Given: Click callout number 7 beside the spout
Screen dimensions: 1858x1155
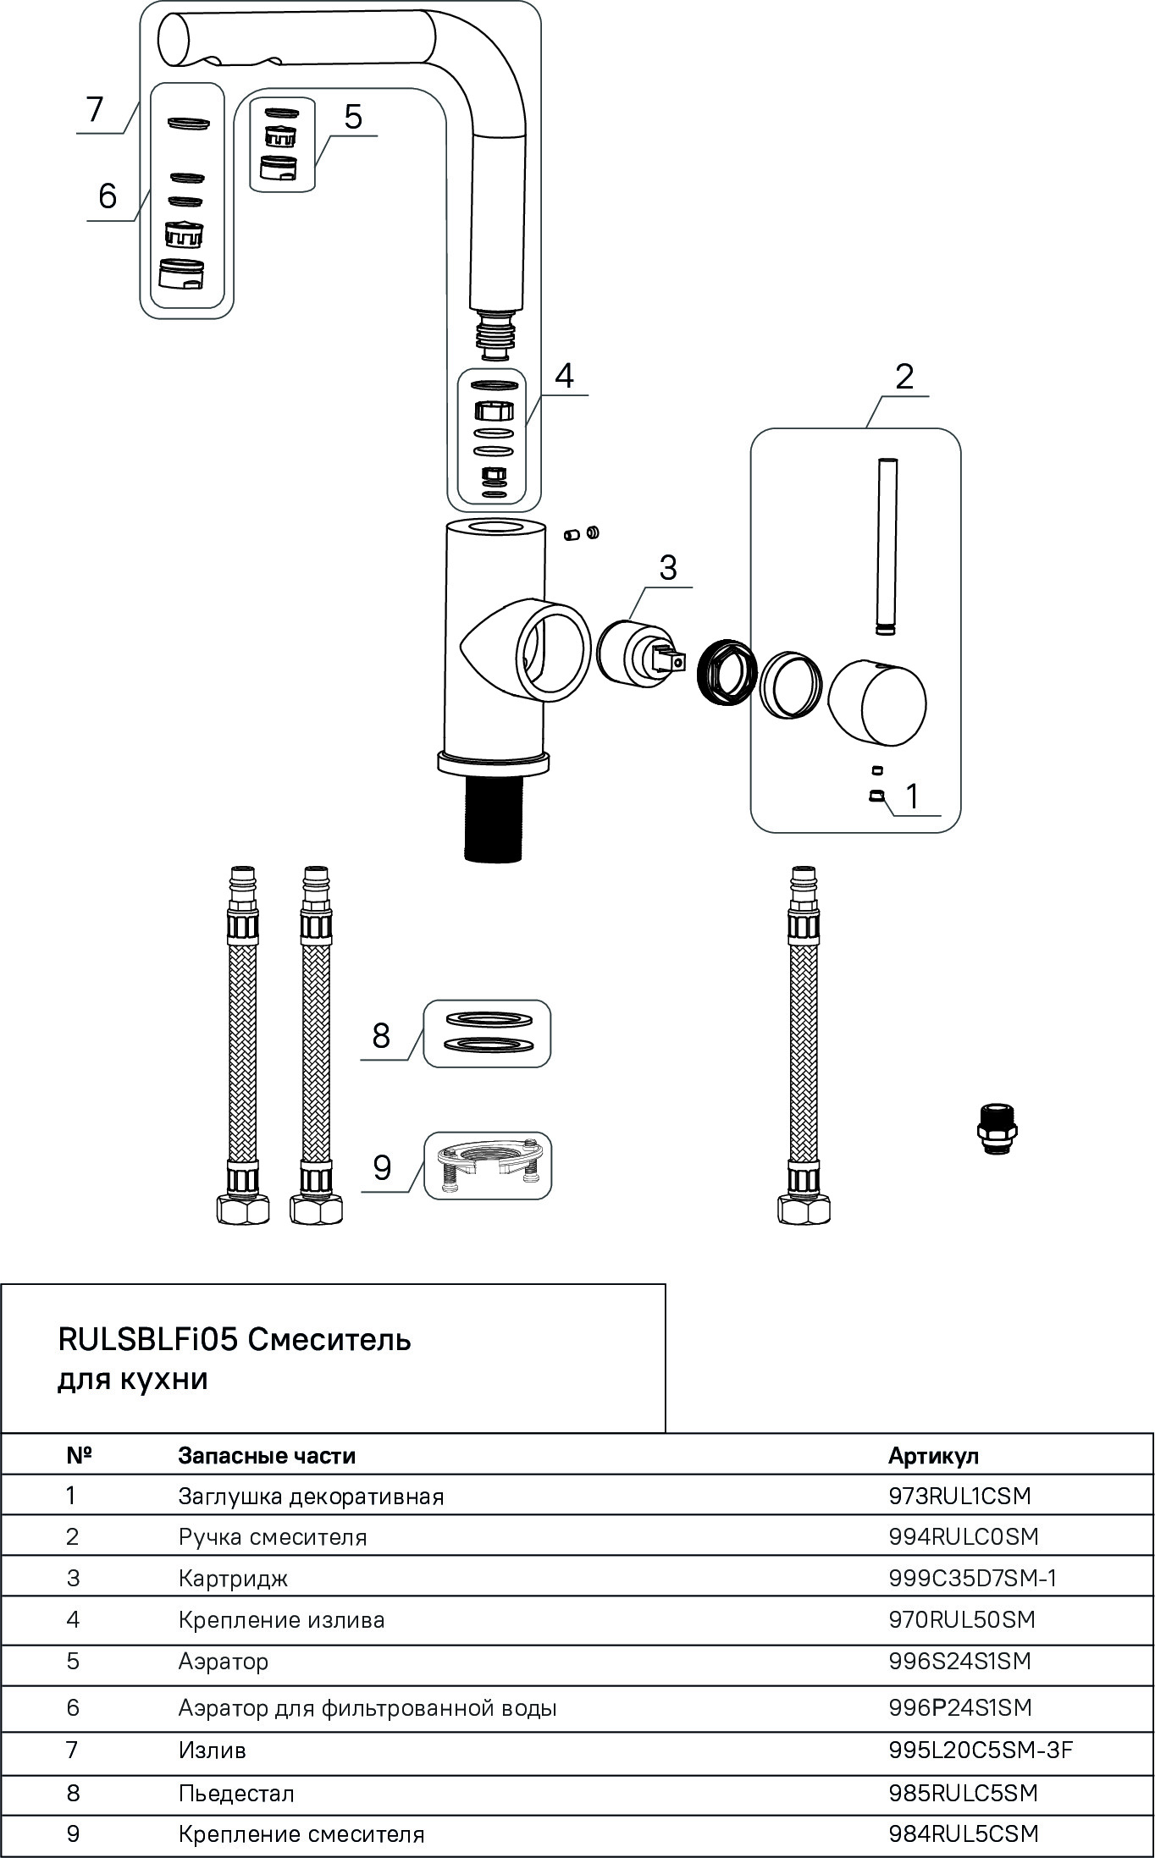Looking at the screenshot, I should pos(94,110).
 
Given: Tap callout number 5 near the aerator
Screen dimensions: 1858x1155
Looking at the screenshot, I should pos(352,117).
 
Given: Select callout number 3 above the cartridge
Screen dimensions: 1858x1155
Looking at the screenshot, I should pos(668,567).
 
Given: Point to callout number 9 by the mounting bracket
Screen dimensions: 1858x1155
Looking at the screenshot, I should pos(382,1168).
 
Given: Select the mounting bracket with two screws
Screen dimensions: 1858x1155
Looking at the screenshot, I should pos(487,1165).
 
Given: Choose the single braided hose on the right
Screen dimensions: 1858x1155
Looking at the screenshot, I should pos(804,1045).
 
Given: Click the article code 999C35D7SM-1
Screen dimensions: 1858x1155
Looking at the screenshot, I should pos(972,1579).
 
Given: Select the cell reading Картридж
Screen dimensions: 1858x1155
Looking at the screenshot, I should pos(233,1579).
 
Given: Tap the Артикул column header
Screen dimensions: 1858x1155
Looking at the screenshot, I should pos(933,1456).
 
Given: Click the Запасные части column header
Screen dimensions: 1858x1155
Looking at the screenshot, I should pos(266,1456).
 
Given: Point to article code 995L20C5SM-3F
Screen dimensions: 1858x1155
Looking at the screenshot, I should pos(981,1750).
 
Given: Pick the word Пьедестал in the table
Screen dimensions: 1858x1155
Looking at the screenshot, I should pos(236,1793).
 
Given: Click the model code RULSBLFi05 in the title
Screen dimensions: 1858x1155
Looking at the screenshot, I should pos(148,1339).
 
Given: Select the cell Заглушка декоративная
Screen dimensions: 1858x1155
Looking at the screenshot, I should pos(311,1497).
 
